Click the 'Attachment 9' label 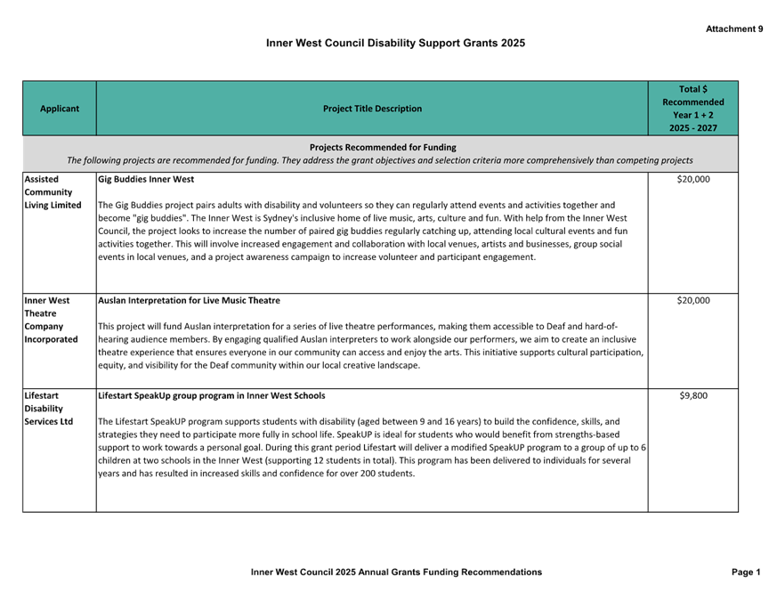click(x=734, y=29)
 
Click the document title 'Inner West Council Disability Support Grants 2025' click(x=396, y=43)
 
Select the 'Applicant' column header click(x=60, y=109)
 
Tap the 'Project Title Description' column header click(x=372, y=109)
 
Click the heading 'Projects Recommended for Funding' click(x=383, y=147)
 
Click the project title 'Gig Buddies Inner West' click(x=146, y=180)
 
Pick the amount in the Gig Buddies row click(x=693, y=180)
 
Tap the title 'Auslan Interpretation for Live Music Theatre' click(x=189, y=301)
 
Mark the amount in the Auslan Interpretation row click(x=693, y=301)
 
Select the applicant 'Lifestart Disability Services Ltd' click(x=49, y=408)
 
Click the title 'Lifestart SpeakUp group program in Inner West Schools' click(x=212, y=395)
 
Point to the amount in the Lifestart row click(x=693, y=395)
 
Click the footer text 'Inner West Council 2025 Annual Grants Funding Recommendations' click(x=396, y=572)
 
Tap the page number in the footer click(x=746, y=572)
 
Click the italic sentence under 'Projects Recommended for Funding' click(x=380, y=160)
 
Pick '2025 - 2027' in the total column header click(x=693, y=128)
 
